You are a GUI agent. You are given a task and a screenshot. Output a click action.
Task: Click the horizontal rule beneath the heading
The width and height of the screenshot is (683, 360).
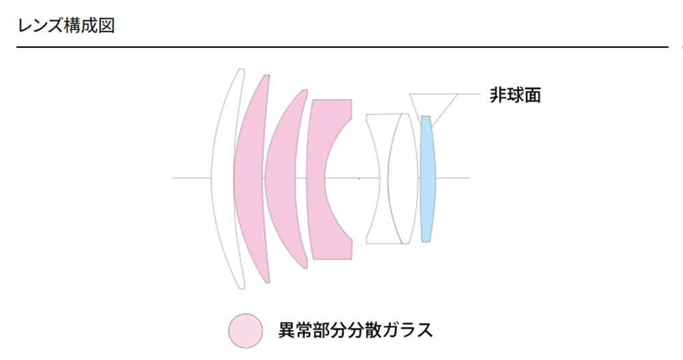[341, 47]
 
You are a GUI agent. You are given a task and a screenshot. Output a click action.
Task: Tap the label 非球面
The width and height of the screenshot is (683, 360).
[515, 94]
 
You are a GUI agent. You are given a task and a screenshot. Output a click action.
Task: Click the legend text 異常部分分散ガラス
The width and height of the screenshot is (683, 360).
[356, 331]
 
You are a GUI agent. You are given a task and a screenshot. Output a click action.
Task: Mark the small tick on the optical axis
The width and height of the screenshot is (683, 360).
[359, 178]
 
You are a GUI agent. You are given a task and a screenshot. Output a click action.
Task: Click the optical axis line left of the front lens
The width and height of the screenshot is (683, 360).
[191, 178]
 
